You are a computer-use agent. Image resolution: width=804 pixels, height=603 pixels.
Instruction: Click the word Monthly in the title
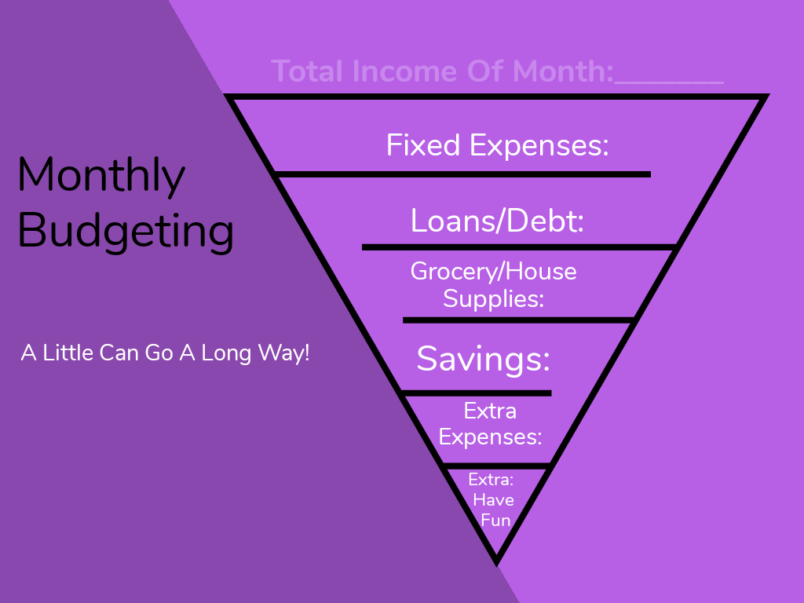click(101, 177)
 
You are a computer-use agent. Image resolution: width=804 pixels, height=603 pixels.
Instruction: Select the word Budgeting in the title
click(126, 232)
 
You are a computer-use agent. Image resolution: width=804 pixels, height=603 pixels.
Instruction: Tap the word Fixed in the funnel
click(423, 145)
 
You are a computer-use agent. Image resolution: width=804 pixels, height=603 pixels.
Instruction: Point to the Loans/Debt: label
click(497, 221)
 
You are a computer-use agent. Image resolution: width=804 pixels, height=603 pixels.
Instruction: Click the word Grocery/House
click(493, 272)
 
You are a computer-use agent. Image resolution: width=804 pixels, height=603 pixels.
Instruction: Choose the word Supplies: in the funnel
click(493, 298)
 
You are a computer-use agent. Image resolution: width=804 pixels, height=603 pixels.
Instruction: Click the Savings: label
click(484, 358)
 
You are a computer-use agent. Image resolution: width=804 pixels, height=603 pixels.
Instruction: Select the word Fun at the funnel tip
click(495, 521)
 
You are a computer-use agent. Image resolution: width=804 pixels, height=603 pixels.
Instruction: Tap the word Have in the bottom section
click(493, 500)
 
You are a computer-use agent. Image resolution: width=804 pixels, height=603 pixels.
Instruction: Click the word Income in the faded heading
click(406, 71)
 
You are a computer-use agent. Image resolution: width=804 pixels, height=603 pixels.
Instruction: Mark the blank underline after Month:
click(669, 82)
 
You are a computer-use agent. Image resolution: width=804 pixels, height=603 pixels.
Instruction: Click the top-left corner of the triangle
click(225, 94)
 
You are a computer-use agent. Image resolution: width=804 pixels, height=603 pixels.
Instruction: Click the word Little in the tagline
click(68, 353)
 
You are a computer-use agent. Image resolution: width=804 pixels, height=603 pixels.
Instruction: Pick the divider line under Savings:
click(477, 393)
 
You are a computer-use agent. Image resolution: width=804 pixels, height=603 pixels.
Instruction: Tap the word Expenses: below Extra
click(490, 437)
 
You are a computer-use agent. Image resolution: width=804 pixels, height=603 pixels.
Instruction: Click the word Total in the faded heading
click(307, 71)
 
